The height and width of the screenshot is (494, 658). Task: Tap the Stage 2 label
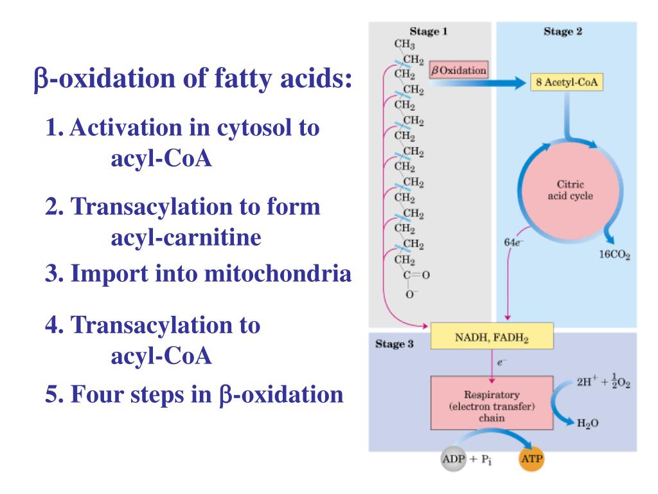point(563,31)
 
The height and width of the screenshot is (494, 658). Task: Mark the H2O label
point(582,430)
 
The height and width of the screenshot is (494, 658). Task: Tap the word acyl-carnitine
point(186,238)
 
